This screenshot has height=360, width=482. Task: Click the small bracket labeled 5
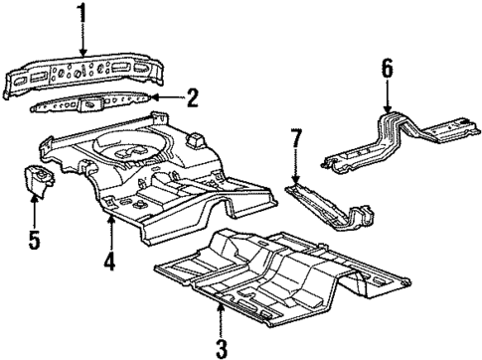click(x=37, y=182)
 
